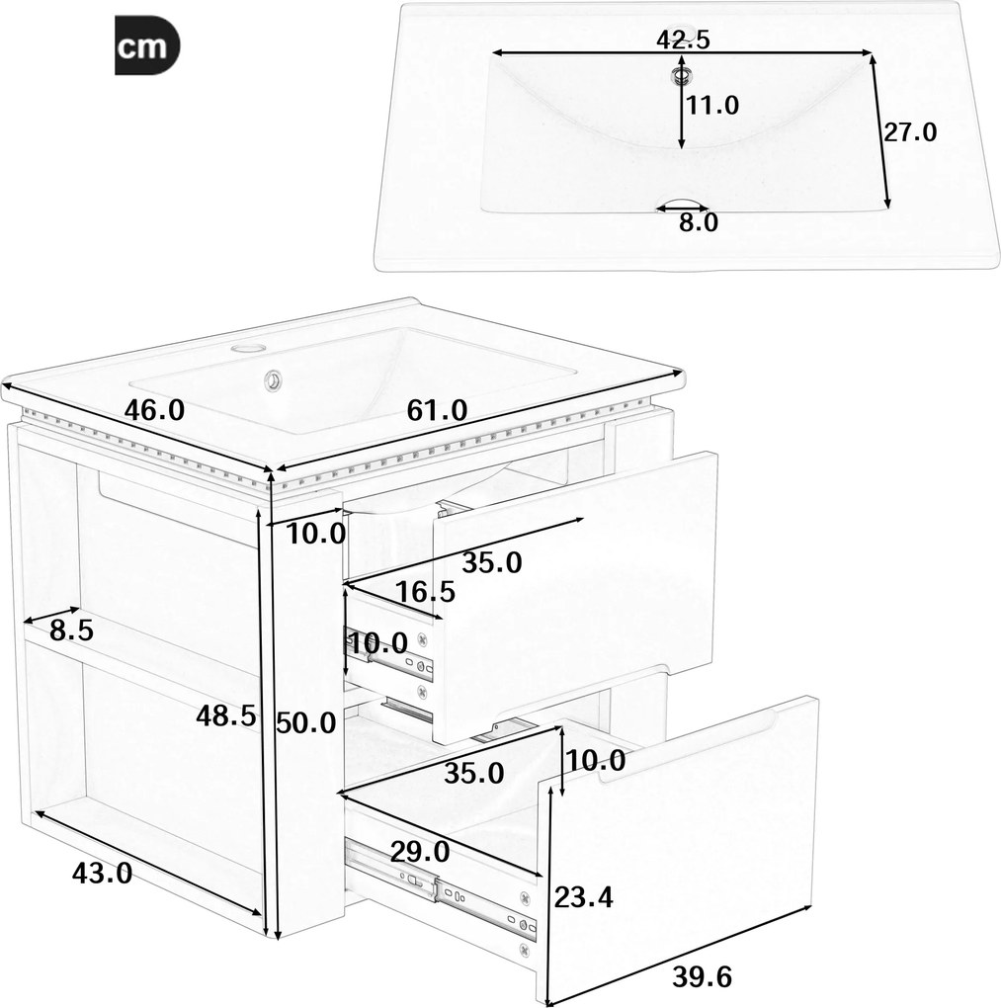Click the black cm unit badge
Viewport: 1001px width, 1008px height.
(147, 46)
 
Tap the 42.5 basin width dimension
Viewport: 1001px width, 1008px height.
(683, 40)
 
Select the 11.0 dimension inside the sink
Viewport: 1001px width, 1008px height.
(712, 105)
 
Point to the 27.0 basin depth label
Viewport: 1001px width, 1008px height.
(910, 131)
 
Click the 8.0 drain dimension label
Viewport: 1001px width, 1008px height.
(699, 222)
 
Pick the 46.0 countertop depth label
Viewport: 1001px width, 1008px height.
(154, 409)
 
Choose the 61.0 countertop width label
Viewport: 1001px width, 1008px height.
(437, 410)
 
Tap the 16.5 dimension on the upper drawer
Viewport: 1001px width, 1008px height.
(425, 591)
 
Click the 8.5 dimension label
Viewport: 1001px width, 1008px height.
(72, 630)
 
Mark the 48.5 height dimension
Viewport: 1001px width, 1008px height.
(226, 715)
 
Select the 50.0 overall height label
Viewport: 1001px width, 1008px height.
(306, 723)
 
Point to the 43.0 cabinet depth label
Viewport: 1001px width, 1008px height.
(102, 873)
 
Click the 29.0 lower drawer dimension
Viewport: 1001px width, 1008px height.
(420, 852)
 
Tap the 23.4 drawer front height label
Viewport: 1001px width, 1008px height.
(584, 897)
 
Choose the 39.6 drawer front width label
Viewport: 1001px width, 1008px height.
(703, 977)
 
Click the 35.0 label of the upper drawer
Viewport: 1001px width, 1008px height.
(492, 563)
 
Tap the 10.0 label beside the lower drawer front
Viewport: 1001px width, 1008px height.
(595, 761)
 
